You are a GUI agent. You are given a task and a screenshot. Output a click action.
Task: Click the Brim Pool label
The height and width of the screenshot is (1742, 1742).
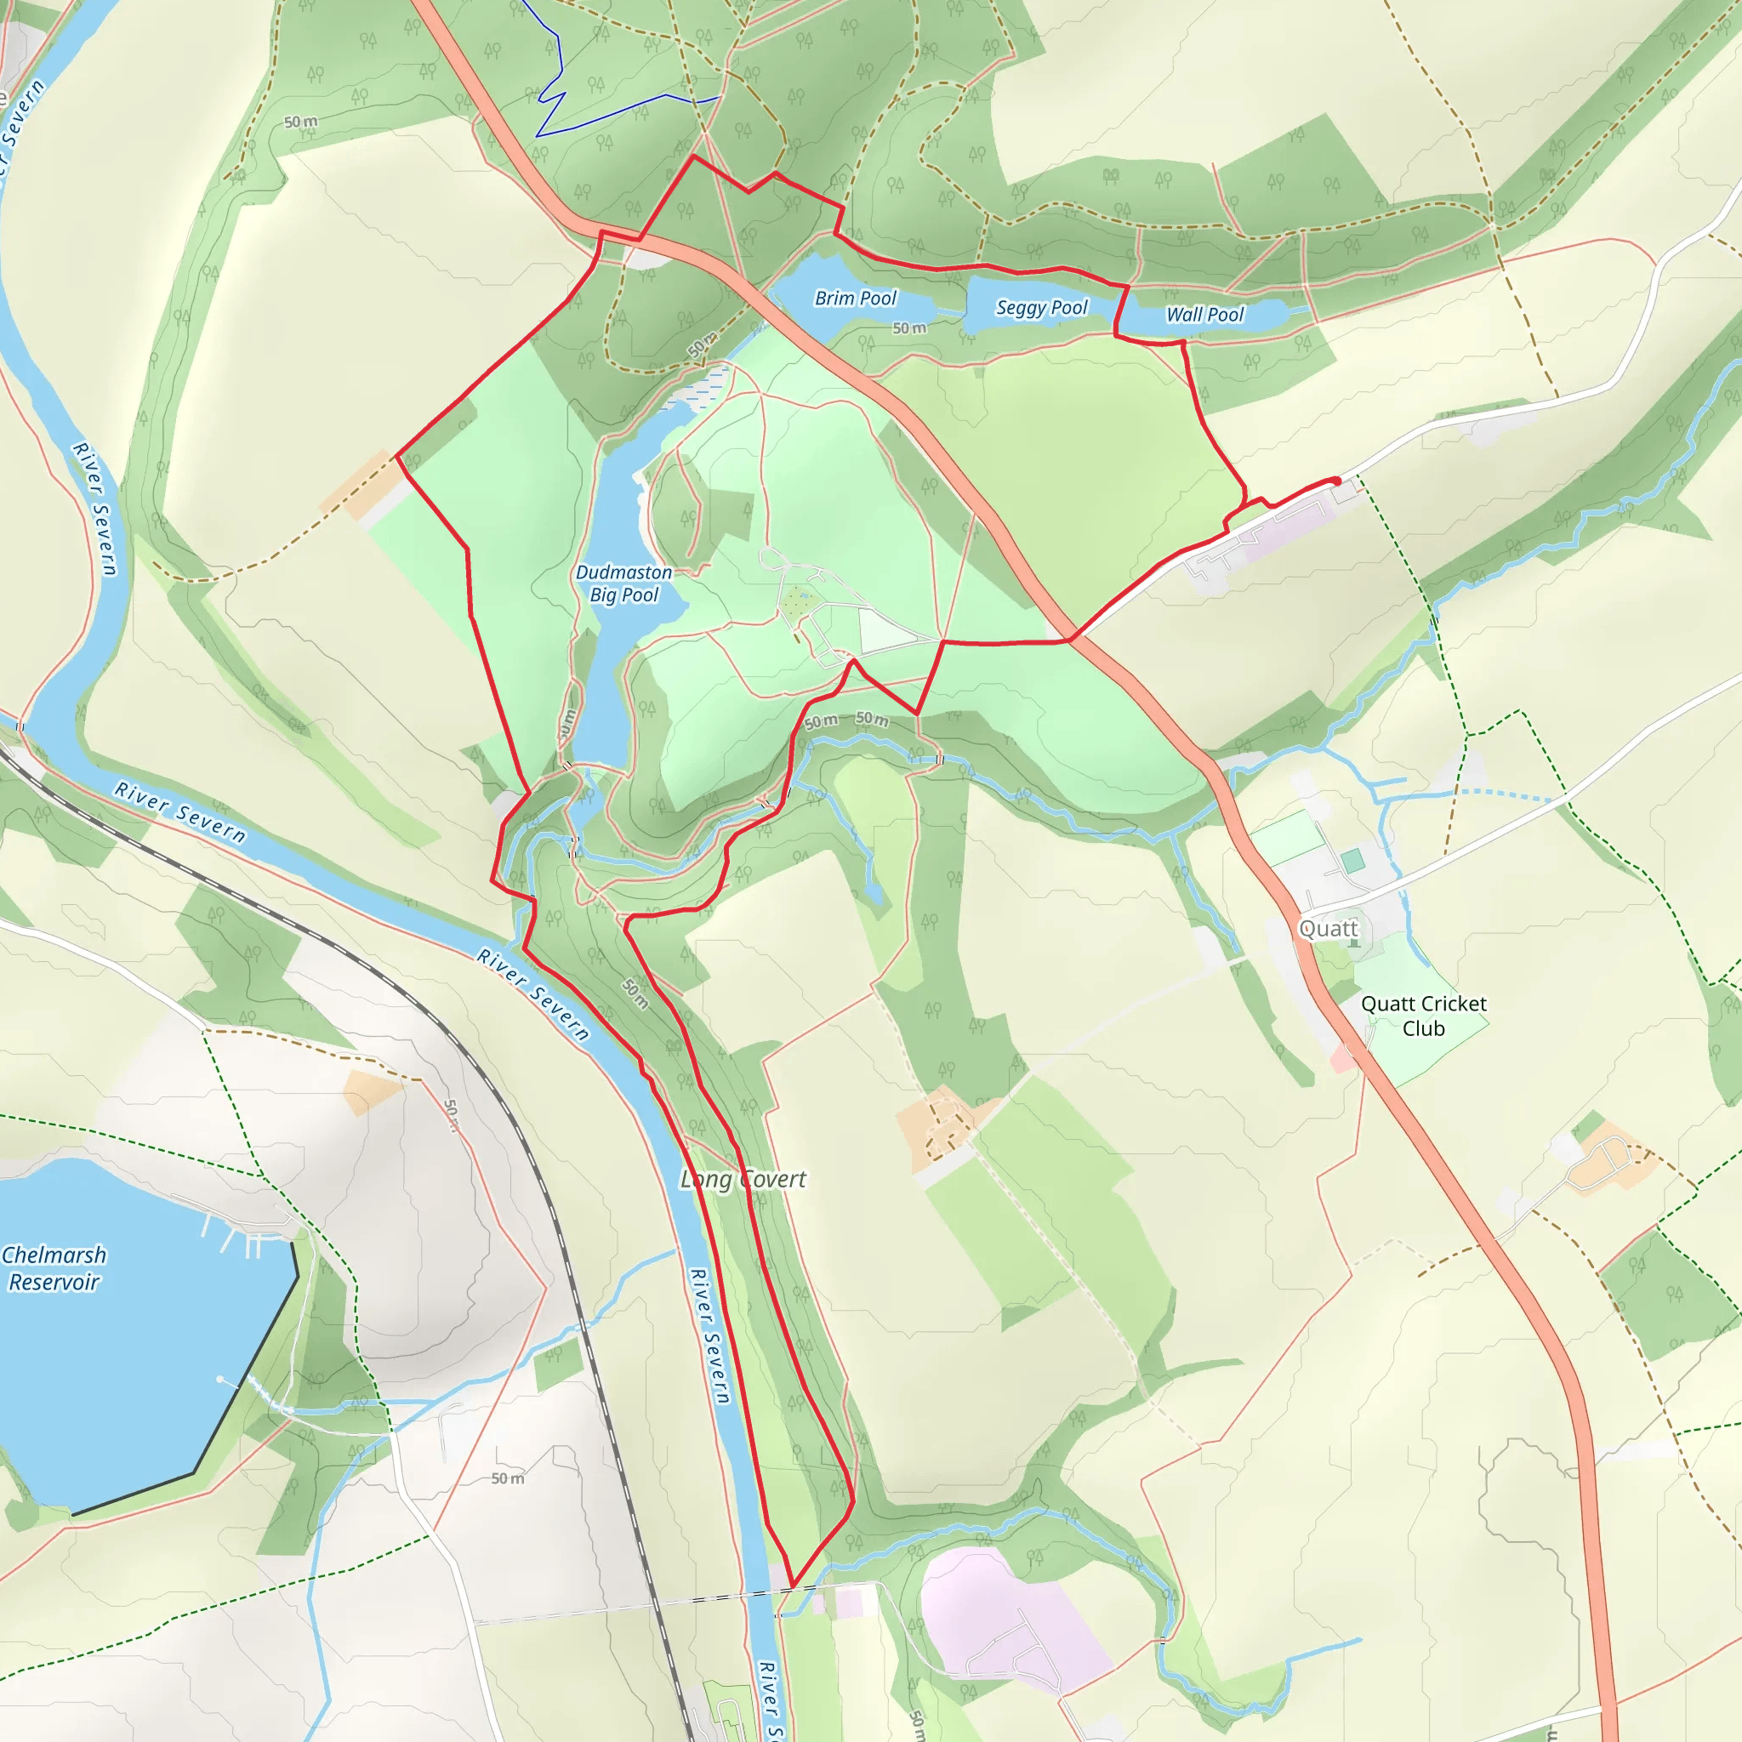click(855, 299)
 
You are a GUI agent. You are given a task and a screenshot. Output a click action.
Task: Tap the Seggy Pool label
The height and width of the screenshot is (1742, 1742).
click(1041, 307)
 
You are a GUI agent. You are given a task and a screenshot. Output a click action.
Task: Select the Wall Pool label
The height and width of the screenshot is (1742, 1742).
click(1204, 315)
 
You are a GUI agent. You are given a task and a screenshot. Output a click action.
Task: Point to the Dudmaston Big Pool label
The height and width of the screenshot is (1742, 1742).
click(624, 584)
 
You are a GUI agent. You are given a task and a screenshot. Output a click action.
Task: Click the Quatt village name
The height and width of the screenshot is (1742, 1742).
click(1327, 929)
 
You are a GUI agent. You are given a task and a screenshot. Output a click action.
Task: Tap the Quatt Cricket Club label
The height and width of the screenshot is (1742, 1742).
click(1424, 1016)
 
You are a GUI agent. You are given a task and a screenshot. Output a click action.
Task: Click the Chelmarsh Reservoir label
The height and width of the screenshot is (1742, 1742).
click(54, 1267)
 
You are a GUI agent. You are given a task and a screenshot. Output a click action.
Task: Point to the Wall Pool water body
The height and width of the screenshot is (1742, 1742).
click(1262, 316)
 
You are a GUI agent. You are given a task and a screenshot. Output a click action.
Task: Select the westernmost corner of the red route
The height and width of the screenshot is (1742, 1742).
click(397, 456)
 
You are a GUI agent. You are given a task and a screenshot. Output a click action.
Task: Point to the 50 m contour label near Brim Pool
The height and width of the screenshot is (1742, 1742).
click(909, 328)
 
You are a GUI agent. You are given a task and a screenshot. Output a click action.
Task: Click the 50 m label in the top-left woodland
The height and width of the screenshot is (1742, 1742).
click(300, 122)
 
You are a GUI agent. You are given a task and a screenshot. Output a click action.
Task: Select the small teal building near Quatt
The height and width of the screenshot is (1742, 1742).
click(1352, 860)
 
